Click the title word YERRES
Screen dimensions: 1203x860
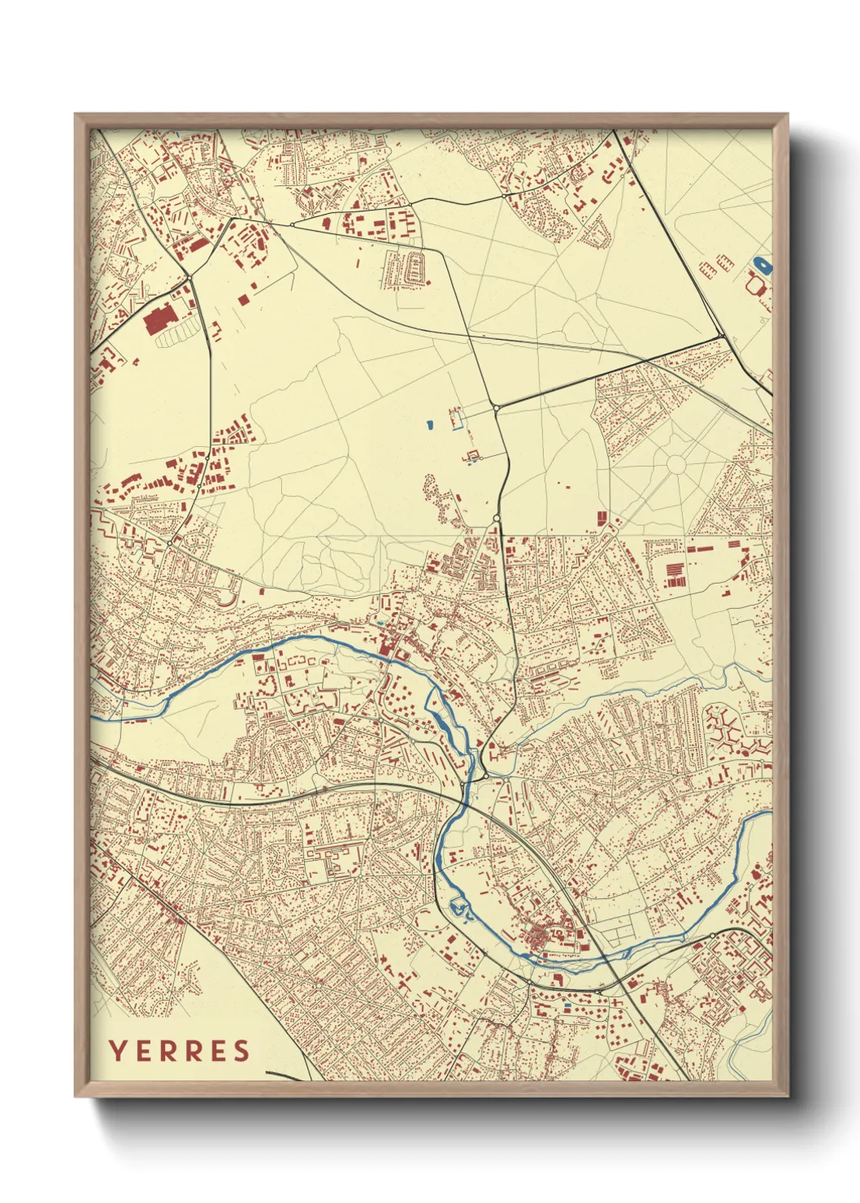coord(180,1051)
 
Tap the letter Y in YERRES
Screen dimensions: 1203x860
coord(117,1051)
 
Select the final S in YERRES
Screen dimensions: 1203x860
coord(241,1051)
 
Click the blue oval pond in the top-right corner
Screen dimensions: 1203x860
coord(762,264)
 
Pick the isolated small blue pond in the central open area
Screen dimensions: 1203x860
coord(429,423)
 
